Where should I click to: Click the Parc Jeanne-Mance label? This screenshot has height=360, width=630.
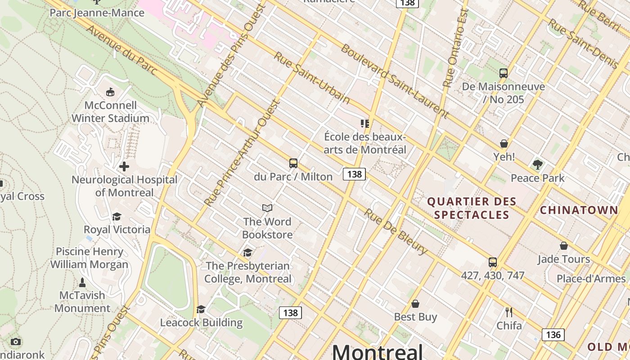tap(97, 13)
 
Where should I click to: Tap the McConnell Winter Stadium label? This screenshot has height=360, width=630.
tap(110, 112)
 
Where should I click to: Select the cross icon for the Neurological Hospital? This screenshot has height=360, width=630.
tap(124, 166)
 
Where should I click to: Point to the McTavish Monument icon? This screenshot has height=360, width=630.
tap(82, 283)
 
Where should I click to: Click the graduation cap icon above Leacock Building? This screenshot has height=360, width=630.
tap(201, 310)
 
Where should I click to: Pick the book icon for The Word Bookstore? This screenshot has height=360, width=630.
tap(267, 208)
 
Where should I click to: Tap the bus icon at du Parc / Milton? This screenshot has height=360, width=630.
tap(293, 163)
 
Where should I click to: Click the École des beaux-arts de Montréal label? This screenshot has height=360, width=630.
tap(365, 143)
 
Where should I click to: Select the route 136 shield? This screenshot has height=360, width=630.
tap(553, 335)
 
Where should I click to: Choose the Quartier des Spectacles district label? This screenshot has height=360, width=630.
tap(472, 208)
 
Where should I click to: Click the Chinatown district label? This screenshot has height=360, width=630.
tap(579, 210)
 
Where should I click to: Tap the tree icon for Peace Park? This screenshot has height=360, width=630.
tap(537, 165)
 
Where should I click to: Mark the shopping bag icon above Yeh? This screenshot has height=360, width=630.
tap(504, 144)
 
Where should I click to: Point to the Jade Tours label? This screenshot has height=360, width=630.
tap(564, 259)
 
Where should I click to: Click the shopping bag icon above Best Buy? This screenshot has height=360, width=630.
tap(415, 304)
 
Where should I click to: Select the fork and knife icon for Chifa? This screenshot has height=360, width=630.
tap(509, 312)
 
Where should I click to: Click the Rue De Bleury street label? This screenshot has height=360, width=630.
tap(396, 232)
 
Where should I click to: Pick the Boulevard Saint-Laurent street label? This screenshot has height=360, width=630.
tap(394, 81)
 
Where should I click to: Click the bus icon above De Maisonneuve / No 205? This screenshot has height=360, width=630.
tap(504, 73)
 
